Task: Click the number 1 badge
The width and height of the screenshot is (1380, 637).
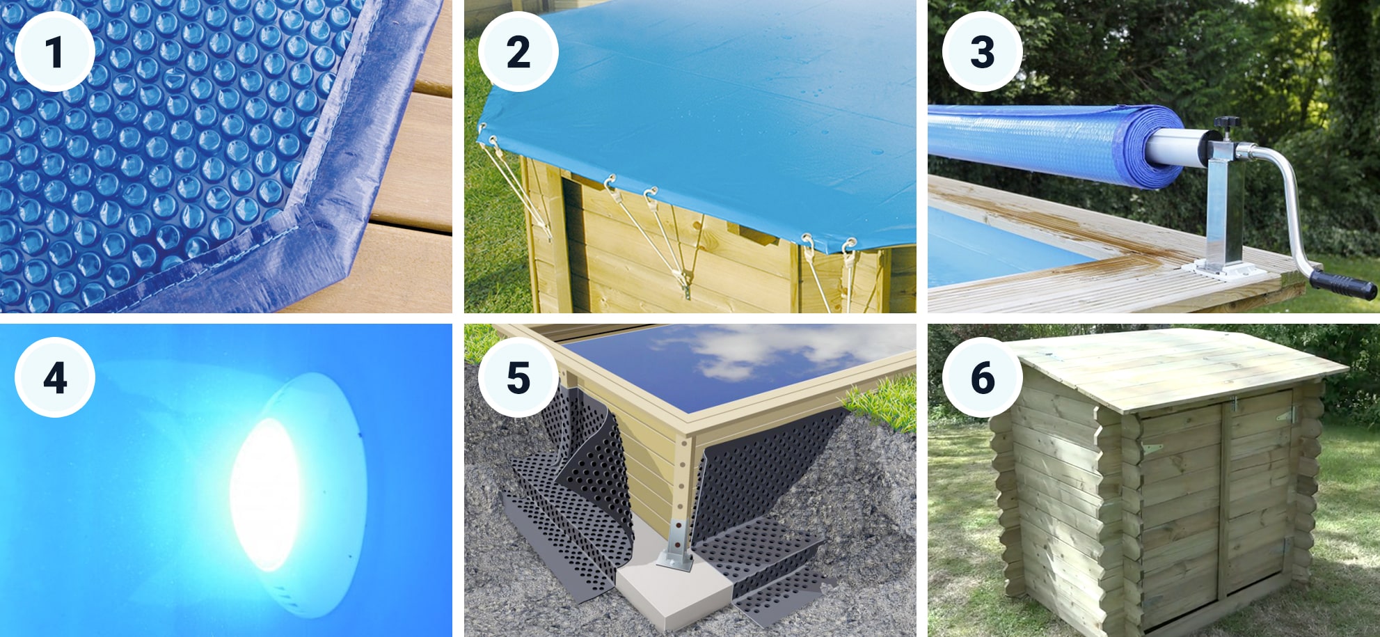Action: coord(54,52)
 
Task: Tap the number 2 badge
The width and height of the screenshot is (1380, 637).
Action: coord(518,52)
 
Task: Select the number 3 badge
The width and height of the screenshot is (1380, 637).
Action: coord(982,52)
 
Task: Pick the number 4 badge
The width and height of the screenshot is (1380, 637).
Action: coord(54,377)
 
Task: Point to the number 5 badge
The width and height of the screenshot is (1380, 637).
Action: coord(518,377)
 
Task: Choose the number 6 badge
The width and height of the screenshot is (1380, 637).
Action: coord(982,377)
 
